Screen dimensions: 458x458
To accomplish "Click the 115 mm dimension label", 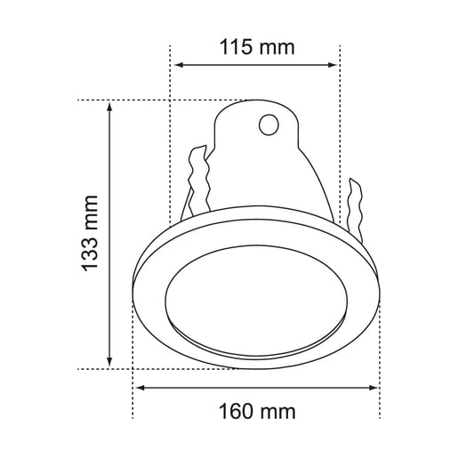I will (256, 47).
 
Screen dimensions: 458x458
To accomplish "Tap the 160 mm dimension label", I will (256, 412).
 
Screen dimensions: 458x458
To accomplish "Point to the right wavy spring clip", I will (357, 210).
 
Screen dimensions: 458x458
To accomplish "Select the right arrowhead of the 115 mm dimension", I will (335, 65).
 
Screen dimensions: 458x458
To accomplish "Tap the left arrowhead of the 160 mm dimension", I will (139, 388).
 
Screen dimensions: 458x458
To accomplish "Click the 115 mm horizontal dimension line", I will (256, 65).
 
